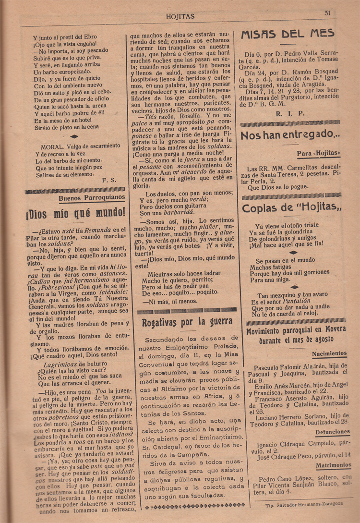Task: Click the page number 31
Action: (327, 13)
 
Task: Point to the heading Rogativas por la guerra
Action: (184, 321)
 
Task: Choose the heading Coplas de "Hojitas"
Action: (292, 208)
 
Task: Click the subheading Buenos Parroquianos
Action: (92, 197)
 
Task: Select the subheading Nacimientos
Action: (329, 353)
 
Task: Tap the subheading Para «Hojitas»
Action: (318, 154)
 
